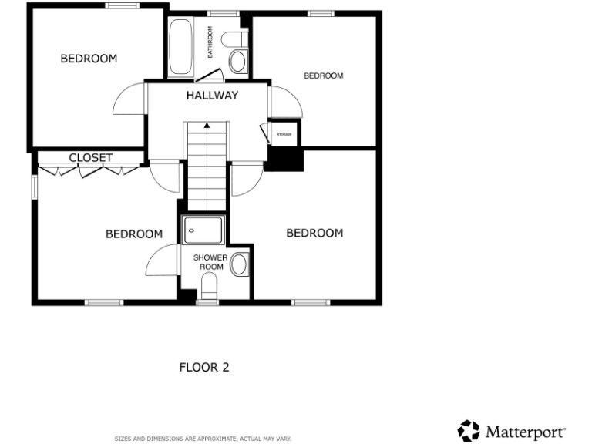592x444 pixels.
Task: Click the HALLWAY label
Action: [x=211, y=96]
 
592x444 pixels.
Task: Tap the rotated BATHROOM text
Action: [x=210, y=42]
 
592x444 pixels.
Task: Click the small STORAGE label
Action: [x=284, y=135]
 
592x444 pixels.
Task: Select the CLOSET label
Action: [x=90, y=158]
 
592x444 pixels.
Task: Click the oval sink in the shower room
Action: [x=239, y=264]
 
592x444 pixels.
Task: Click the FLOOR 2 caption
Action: [x=203, y=367]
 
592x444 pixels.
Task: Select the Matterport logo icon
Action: [x=469, y=429]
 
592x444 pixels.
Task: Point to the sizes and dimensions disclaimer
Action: [x=203, y=437]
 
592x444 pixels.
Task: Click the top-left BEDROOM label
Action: [x=89, y=59]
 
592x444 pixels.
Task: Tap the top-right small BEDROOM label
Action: [x=323, y=76]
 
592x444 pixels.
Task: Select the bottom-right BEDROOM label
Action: [x=314, y=233]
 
